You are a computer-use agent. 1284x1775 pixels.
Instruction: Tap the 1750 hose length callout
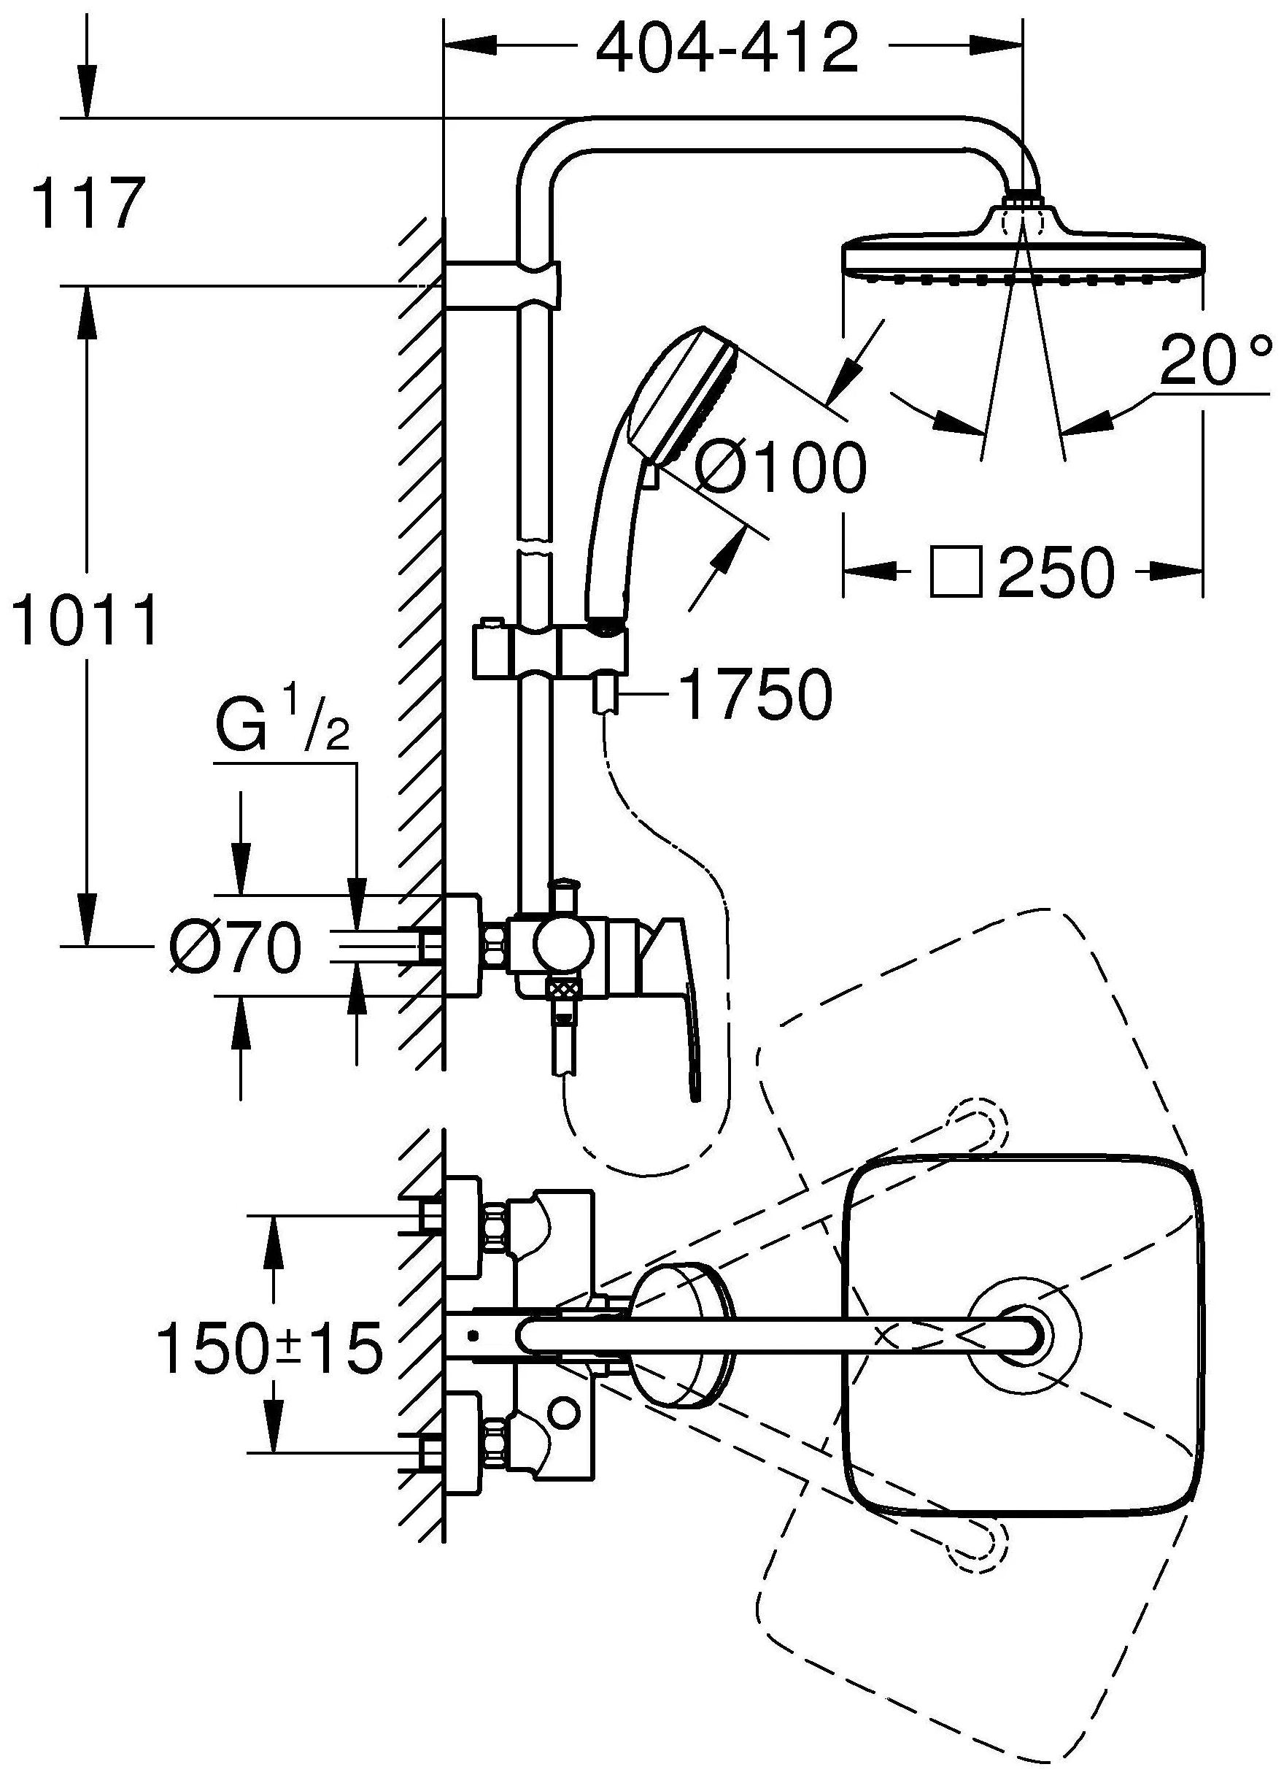(x=754, y=694)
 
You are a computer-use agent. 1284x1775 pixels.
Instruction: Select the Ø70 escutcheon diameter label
(x=235, y=947)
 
